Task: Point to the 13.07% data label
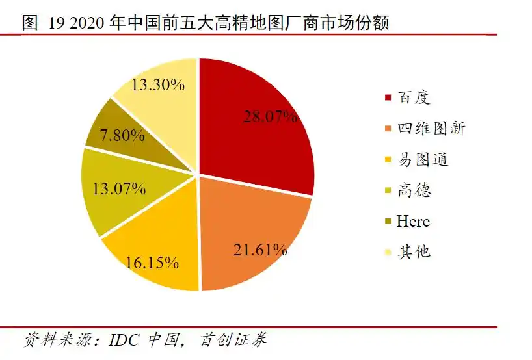(119, 189)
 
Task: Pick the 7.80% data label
(122, 136)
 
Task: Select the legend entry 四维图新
(431, 128)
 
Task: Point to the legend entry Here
(413, 221)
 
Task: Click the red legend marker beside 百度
(388, 98)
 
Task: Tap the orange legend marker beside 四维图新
(388, 129)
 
